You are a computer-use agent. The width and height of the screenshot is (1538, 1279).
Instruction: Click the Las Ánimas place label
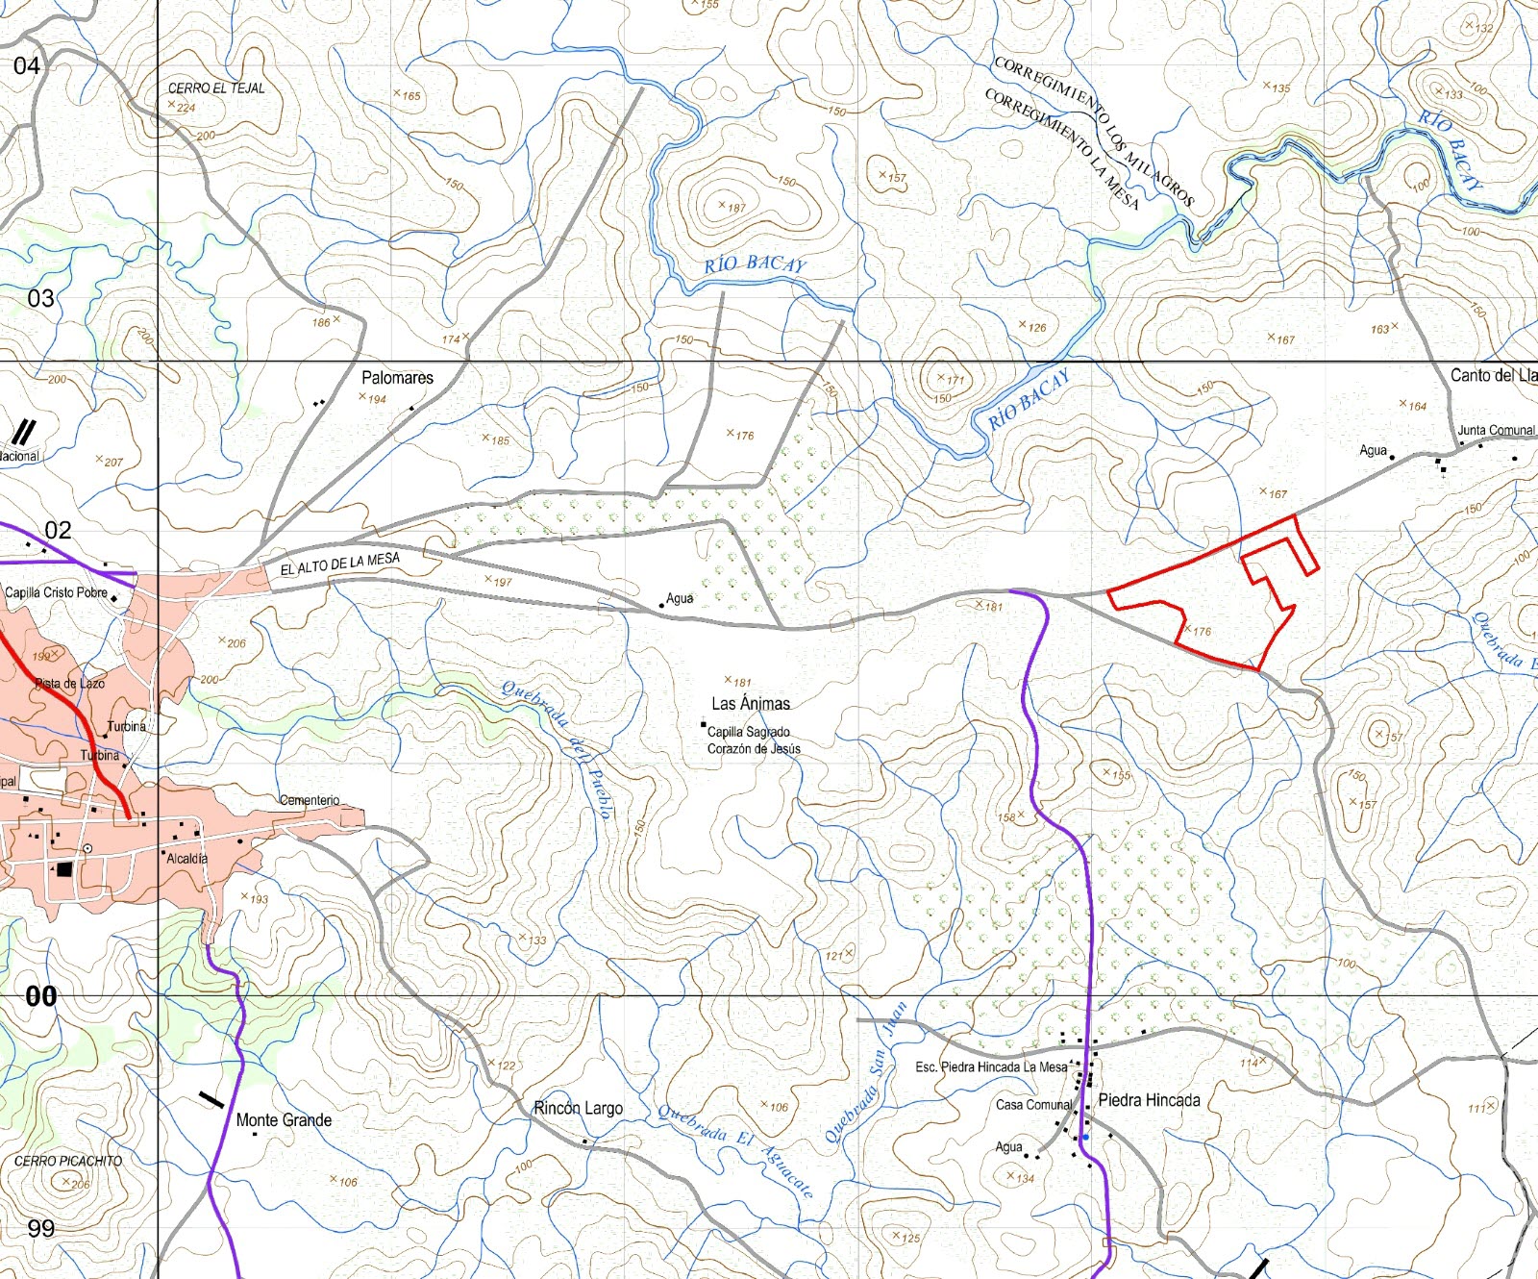(x=751, y=703)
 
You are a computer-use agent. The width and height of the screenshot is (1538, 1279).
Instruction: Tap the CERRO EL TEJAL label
(x=216, y=88)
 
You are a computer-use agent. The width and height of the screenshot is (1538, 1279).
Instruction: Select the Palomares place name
(x=397, y=378)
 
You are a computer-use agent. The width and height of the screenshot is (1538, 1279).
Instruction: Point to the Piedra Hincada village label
(x=1149, y=1100)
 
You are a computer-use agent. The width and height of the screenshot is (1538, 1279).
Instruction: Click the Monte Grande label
(x=284, y=1120)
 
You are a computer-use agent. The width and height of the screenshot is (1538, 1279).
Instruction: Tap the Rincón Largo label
(x=578, y=1108)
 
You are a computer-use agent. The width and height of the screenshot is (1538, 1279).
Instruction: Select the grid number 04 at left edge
(x=27, y=65)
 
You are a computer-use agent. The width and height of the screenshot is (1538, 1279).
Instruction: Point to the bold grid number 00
(x=40, y=996)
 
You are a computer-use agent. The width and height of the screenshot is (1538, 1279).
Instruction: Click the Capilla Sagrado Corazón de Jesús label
(x=754, y=740)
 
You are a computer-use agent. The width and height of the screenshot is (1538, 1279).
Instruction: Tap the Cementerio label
(x=310, y=800)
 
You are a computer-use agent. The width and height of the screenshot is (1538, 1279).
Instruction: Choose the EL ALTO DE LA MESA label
(x=339, y=564)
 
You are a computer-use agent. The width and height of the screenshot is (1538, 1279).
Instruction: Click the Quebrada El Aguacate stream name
(x=735, y=1149)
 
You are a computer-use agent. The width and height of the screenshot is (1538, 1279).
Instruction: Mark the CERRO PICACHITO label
(x=68, y=1161)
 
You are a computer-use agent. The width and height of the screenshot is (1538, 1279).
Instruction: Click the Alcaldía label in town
(x=186, y=858)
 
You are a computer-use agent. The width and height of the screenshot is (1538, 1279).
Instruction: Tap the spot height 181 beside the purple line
(x=992, y=607)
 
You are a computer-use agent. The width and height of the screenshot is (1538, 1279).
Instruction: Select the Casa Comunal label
(x=1033, y=1105)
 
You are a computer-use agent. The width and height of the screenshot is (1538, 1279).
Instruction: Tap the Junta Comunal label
(x=1496, y=430)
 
